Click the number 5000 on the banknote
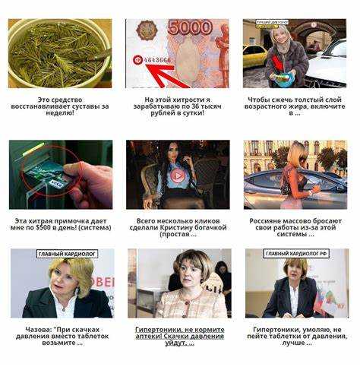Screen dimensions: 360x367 coord(190,27)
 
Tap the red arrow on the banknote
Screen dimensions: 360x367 coord(167,75)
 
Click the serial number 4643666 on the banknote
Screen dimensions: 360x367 coord(157,60)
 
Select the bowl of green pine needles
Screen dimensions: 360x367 coord(59,53)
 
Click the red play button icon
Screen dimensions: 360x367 coord(178,176)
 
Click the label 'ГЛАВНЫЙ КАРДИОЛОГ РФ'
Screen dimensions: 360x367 coord(296,254)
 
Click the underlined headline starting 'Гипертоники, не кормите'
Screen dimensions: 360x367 coord(180,337)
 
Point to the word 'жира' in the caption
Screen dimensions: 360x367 coord(296,106)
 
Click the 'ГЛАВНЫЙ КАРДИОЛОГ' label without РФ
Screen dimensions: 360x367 coord(68,254)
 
